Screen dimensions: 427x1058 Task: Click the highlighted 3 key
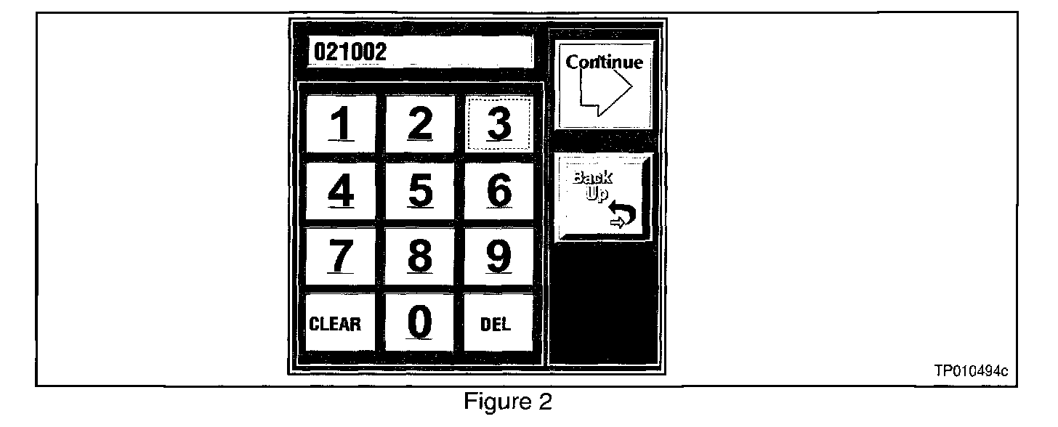498,123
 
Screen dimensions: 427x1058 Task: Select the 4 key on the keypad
340,191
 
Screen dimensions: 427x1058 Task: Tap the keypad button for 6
498,191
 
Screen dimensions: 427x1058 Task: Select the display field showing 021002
419,53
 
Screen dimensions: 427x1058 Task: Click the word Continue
605,62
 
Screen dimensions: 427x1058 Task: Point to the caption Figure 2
509,402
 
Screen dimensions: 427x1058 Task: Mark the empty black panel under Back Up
604,305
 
